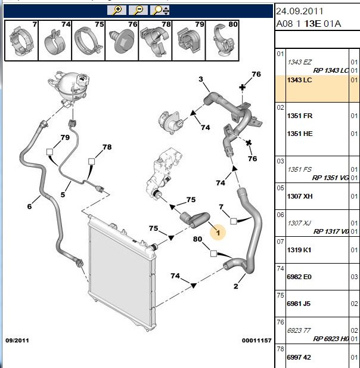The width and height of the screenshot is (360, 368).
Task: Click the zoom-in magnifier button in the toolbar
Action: [x=117, y=10]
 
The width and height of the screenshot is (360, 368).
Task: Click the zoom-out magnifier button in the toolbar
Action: [x=138, y=10]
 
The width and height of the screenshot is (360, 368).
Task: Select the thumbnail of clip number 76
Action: [x=122, y=41]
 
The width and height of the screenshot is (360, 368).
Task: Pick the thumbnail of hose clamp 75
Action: [x=88, y=41]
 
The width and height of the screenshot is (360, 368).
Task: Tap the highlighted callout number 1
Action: [x=218, y=233]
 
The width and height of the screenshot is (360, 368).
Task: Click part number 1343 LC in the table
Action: [x=299, y=80]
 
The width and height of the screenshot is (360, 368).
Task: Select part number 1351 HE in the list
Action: [x=300, y=134]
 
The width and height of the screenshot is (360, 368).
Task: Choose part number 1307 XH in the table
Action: [x=300, y=196]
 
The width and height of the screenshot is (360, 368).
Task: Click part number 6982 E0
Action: [x=299, y=277]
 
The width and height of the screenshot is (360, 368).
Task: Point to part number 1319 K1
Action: [x=299, y=250]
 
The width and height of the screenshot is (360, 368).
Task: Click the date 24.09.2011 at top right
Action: [x=299, y=11]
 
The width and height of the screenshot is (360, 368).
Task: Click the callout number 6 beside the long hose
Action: [x=29, y=206]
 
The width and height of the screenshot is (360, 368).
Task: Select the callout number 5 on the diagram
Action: [x=63, y=194]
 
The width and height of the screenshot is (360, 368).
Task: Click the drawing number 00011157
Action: [x=256, y=341]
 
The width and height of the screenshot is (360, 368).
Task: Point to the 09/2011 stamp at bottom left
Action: [x=17, y=341]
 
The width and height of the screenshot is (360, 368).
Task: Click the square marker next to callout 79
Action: [x=49, y=152]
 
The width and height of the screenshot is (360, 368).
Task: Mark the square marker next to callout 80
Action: [x=213, y=253]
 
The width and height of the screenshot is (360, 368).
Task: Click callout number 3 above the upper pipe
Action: [x=201, y=79]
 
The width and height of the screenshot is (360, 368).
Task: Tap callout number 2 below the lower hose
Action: [x=235, y=286]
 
